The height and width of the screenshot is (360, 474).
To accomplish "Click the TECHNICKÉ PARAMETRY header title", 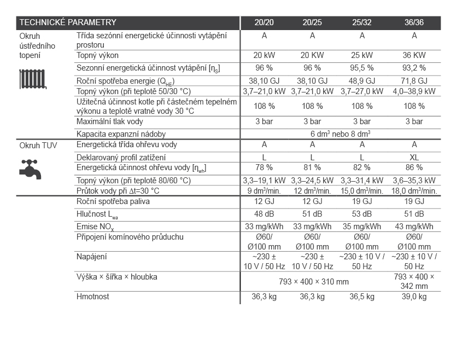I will pos(68,23).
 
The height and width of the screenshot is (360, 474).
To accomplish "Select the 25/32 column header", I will pos(361,23).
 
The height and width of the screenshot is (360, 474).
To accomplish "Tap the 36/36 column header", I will pos(414,23).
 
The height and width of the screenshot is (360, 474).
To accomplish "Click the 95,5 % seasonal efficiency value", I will pos(361,68).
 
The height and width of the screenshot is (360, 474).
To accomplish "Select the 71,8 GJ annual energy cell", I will pos(414,80).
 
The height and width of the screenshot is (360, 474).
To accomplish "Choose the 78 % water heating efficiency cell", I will pos(264,168).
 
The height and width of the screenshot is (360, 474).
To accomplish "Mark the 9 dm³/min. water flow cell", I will pos(264,191).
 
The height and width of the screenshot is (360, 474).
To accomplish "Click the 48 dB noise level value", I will pos(264,214).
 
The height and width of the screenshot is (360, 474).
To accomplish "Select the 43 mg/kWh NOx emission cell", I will pos(414,227).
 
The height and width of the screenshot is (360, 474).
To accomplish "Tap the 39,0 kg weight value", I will pos(414,297).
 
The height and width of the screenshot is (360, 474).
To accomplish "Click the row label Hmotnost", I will pos(93,297).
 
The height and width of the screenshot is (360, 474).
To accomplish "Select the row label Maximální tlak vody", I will pos(110,121).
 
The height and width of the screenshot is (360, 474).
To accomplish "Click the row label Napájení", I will pos(92,256).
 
